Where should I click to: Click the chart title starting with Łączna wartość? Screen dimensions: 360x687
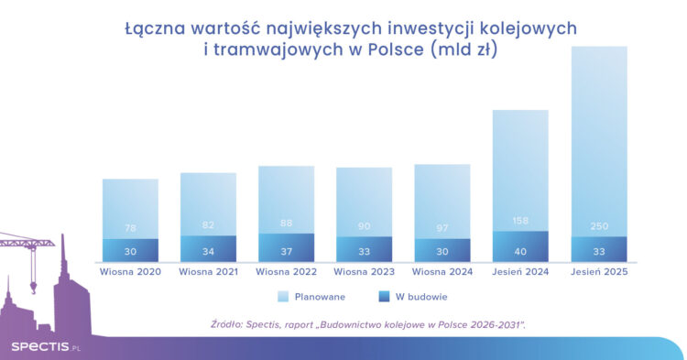[x=343, y=39]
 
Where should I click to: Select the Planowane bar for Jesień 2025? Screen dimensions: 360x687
[x=598, y=137]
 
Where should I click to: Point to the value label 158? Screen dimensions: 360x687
[x=520, y=221]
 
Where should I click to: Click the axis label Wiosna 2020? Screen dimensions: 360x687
[x=130, y=271]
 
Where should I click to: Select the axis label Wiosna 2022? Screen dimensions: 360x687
[x=286, y=271]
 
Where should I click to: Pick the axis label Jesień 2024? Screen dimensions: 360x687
[x=520, y=271]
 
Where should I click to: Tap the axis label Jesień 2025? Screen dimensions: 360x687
[x=598, y=271]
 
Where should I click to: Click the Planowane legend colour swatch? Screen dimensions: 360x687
[x=284, y=297]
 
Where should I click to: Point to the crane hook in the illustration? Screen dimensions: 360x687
[x=33, y=288]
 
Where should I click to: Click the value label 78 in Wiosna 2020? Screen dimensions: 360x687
[x=130, y=228]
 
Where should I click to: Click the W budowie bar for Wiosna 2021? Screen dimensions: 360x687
[x=208, y=249]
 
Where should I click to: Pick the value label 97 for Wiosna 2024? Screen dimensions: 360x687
[x=442, y=228]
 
